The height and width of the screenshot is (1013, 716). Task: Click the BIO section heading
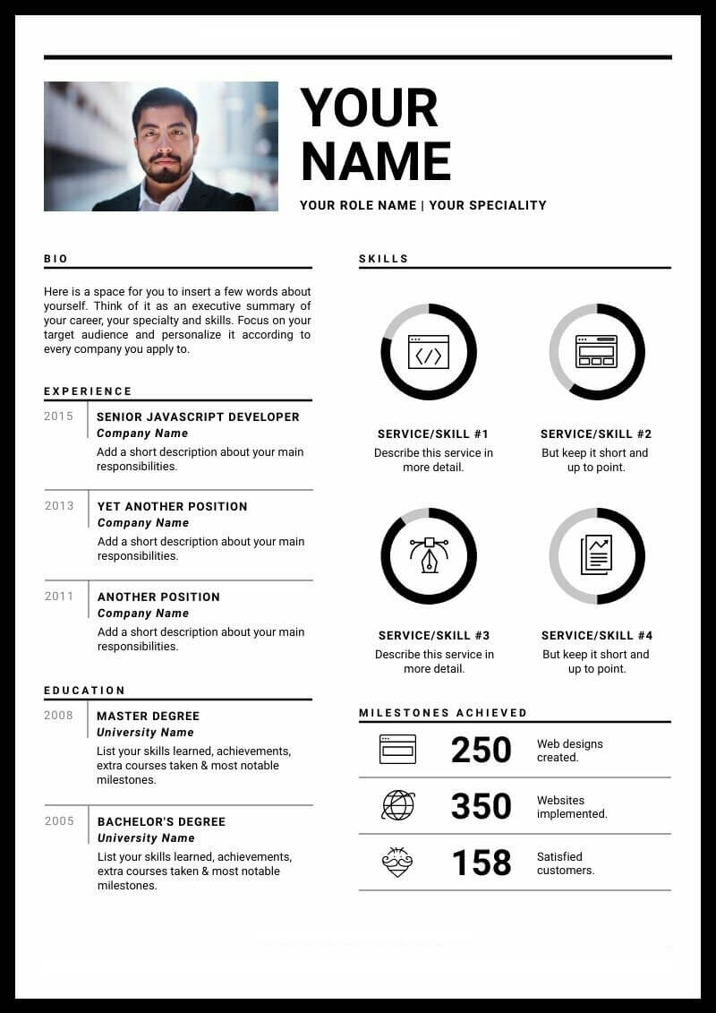(x=55, y=259)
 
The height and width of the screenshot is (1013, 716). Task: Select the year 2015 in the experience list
(x=59, y=416)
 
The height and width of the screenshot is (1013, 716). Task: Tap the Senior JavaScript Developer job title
(x=198, y=416)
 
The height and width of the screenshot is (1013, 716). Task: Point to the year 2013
(x=59, y=506)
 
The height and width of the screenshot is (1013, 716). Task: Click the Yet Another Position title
(x=172, y=506)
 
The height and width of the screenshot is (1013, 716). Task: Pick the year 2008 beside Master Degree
(x=59, y=716)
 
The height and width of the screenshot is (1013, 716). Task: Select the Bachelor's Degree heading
(x=161, y=821)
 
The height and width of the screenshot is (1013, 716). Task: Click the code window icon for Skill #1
(x=429, y=352)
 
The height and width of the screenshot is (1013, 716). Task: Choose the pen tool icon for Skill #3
(x=429, y=555)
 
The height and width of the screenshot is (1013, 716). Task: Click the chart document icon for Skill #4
(x=596, y=555)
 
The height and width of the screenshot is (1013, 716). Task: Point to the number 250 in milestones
(x=481, y=750)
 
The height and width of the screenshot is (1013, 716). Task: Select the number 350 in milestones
(x=481, y=806)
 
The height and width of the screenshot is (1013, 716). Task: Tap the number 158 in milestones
(x=481, y=863)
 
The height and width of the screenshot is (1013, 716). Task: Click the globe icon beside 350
(x=398, y=805)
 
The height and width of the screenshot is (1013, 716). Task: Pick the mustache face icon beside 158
(x=397, y=862)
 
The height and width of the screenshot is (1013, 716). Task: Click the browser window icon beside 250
(x=397, y=749)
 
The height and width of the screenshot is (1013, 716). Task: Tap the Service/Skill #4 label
(x=597, y=635)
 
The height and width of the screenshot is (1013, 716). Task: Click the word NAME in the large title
(x=376, y=162)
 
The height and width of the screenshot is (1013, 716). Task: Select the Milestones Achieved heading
(x=443, y=713)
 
